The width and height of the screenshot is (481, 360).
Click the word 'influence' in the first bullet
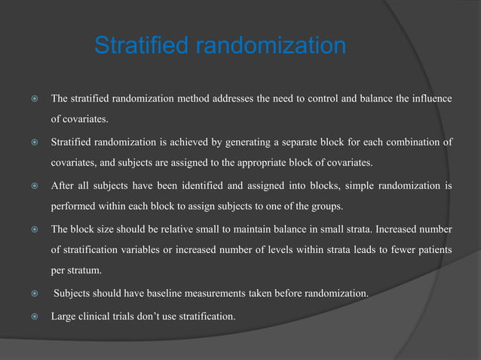tap(430, 99)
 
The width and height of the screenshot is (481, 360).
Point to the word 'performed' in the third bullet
tap(72, 206)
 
